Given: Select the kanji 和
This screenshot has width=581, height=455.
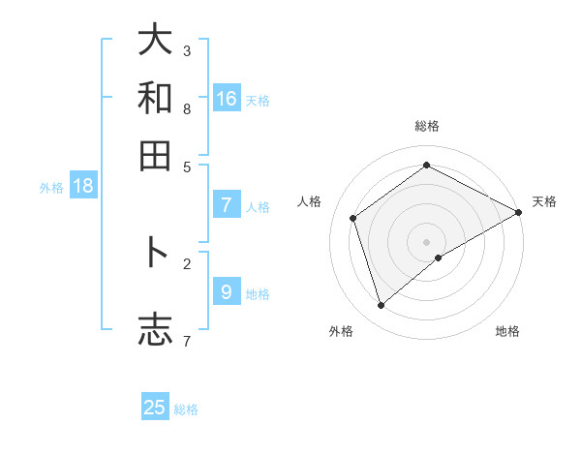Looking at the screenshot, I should click(155, 98).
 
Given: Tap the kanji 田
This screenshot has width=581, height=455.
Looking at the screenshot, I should click(155, 155).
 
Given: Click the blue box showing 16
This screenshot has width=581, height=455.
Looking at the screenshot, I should click(227, 98).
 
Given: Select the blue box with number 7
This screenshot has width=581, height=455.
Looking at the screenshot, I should click(227, 204).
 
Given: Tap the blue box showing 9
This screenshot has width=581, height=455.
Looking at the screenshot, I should click(227, 291).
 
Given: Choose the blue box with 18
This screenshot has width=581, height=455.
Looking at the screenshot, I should click(83, 186).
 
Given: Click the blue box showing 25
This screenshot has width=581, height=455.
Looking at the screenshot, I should click(155, 408).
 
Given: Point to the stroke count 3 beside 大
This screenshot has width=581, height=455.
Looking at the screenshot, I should click(187, 50).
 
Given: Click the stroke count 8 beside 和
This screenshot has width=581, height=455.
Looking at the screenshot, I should click(187, 108).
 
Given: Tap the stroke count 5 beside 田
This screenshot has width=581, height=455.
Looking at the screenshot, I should click(187, 166).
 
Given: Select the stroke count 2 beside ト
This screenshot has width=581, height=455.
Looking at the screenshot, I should click(187, 262).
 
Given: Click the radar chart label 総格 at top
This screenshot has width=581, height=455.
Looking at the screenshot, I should click(426, 126).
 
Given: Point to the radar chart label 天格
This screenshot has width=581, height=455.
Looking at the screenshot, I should click(544, 201).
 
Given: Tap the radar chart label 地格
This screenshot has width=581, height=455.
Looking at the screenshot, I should click(507, 331).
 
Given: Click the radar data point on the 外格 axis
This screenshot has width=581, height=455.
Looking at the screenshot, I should click(381, 306).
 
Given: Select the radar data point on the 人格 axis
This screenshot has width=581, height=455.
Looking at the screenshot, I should click(353, 218).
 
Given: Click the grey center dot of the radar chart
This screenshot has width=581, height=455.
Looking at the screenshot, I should click(426, 241).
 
